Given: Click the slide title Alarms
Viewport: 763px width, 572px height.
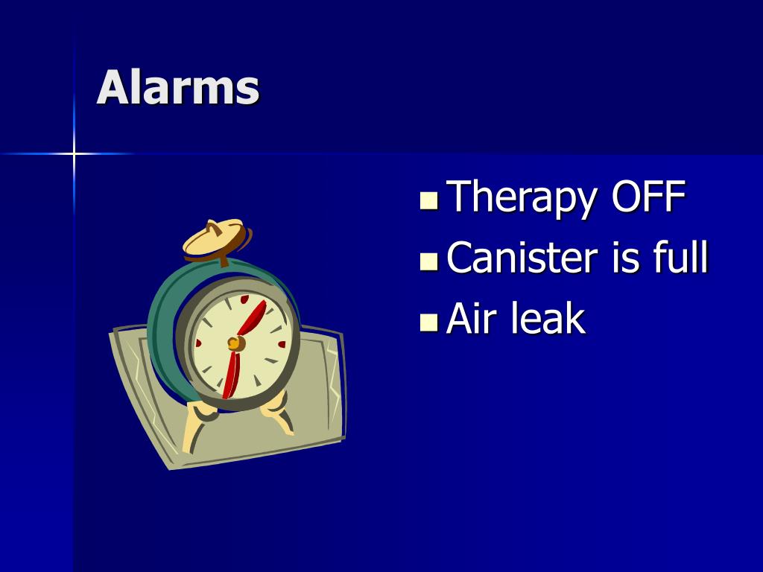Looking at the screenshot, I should [x=178, y=87].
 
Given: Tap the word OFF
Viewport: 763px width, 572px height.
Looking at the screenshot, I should [x=648, y=197].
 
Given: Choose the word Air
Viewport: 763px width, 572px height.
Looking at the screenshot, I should [x=472, y=319].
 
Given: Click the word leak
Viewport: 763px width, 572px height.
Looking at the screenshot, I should [x=548, y=319].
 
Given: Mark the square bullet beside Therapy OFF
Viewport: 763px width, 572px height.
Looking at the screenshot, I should [x=429, y=201].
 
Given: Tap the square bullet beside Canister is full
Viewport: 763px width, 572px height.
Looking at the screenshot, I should [x=429, y=261].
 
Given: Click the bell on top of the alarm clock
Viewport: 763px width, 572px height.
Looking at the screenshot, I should [x=214, y=238].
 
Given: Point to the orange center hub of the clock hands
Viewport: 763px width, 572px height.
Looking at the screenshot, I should [x=235, y=343].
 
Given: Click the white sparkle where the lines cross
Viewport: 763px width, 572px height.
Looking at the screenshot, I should [x=74, y=154].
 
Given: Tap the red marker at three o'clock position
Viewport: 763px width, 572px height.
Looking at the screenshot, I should [x=282, y=344].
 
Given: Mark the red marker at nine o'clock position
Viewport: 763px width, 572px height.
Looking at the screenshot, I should [x=198, y=343].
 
